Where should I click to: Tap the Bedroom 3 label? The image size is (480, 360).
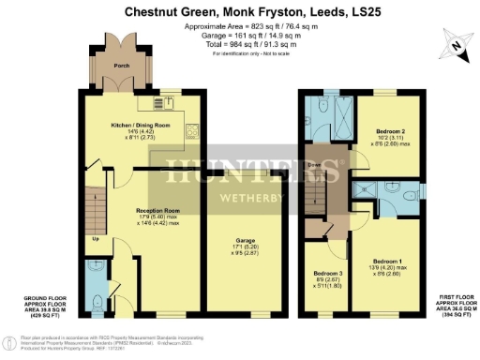click(x=325, y=277)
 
